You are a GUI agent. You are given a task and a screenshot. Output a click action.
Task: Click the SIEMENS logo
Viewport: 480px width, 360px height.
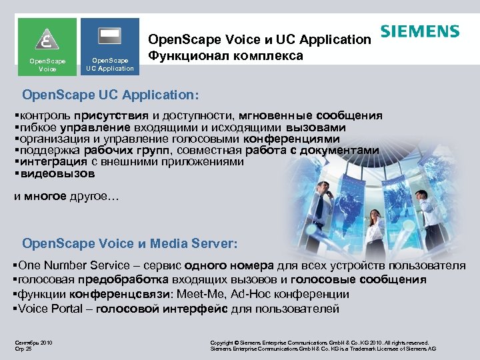tap(420, 31)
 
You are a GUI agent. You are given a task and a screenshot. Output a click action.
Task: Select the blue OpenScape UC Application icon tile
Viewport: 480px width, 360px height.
tap(110, 45)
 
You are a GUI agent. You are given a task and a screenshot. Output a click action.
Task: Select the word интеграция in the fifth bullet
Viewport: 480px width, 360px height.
tap(54, 162)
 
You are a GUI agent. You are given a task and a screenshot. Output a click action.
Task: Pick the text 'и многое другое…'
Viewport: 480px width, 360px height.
tap(66, 197)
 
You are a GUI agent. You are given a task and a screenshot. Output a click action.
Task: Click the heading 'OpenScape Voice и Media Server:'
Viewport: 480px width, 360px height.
tap(129, 243)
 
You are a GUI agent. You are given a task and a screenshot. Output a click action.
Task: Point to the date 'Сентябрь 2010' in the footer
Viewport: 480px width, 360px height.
tap(33, 343)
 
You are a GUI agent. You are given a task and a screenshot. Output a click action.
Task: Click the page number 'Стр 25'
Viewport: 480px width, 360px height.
tap(24, 349)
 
